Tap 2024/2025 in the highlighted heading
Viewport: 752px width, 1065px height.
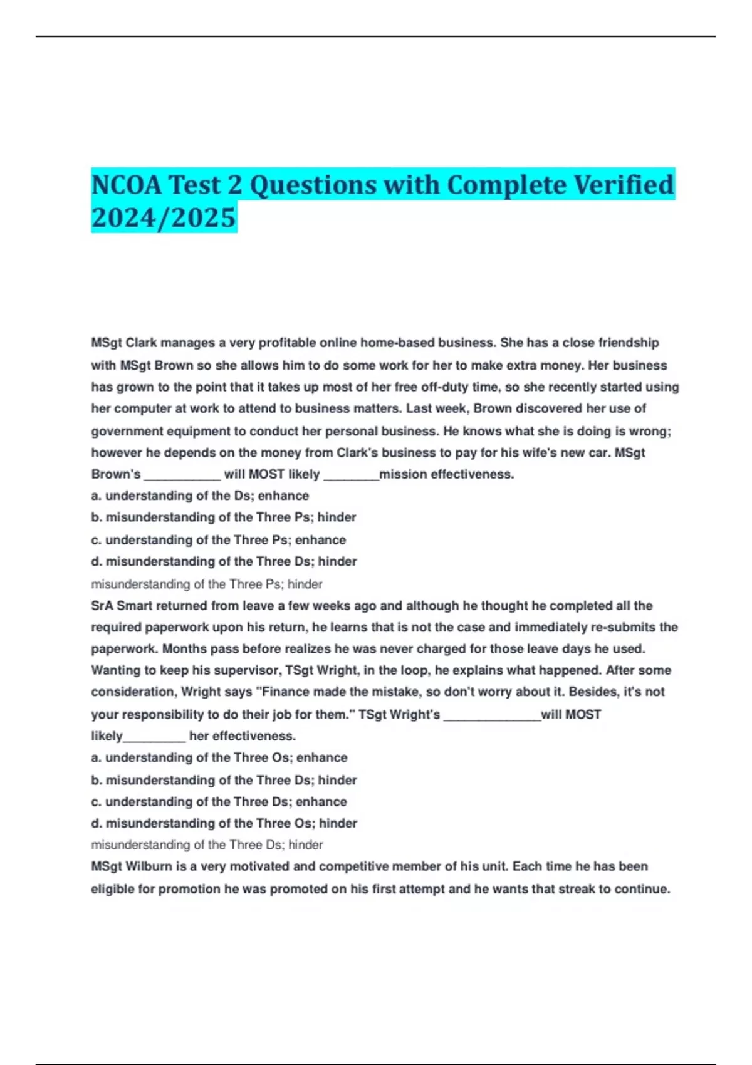point(164,217)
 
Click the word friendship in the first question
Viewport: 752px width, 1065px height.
point(629,343)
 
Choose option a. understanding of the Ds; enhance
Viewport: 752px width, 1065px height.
point(200,496)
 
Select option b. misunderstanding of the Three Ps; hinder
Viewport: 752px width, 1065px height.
point(224,517)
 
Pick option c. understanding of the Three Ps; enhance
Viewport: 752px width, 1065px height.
point(219,540)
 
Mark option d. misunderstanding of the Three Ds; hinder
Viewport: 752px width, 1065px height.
point(224,561)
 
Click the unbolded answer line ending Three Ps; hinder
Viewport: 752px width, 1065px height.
point(207,584)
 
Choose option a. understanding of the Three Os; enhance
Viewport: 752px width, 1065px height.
point(219,757)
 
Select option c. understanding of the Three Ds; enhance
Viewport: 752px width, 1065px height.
point(219,802)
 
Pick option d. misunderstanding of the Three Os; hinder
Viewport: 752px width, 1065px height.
point(224,823)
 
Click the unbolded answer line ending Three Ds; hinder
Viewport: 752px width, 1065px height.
point(207,845)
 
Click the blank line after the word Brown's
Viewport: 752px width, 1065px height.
point(182,475)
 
